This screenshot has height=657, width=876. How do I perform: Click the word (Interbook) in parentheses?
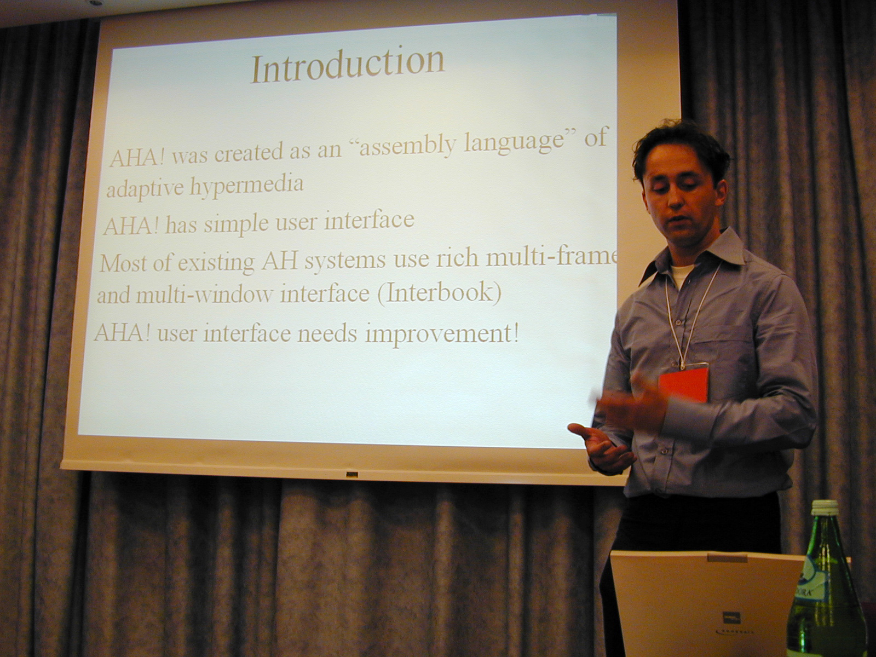point(439,293)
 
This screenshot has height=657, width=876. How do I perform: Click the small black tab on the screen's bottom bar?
point(351,475)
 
